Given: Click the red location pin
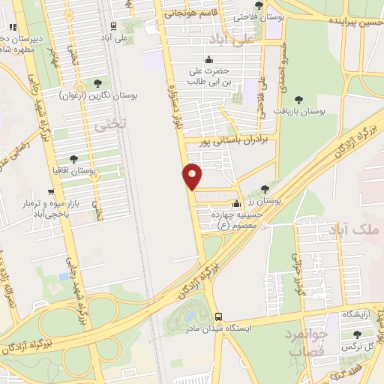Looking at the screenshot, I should (x=193, y=175).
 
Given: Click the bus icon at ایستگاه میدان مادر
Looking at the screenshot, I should (x=218, y=316).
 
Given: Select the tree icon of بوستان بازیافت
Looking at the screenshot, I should (x=299, y=99).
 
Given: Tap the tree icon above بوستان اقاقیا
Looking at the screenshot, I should (x=73, y=159).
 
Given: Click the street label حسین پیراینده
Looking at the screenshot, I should (x=355, y=22).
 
